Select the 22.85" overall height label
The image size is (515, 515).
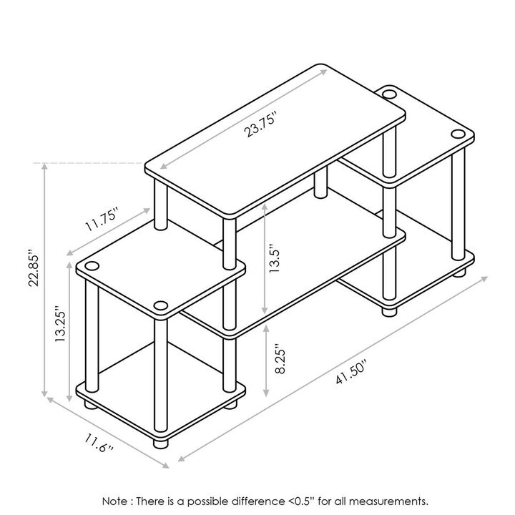[x=34, y=268]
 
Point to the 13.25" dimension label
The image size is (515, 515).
[x=60, y=324]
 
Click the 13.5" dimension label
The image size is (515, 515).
[x=274, y=258]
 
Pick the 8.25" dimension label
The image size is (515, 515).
[x=280, y=359]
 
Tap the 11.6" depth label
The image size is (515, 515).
[x=99, y=443]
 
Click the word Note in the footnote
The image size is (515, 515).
[x=115, y=501]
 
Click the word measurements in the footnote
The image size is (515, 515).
[x=388, y=501]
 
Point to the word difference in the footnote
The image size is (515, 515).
[x=258, y=501]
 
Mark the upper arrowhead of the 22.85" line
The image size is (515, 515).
[x=44, y=166]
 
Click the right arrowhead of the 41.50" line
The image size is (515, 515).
[x=484, y=279]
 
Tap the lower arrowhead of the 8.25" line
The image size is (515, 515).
[x=266, y=393]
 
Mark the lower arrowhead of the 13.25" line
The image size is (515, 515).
[x=69, y=398]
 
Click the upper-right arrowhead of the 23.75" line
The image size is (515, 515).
[x=323, y=72]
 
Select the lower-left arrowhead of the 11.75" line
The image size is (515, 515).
[x=70, y=253]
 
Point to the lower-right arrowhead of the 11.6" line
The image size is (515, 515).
[x=165, y=465]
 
